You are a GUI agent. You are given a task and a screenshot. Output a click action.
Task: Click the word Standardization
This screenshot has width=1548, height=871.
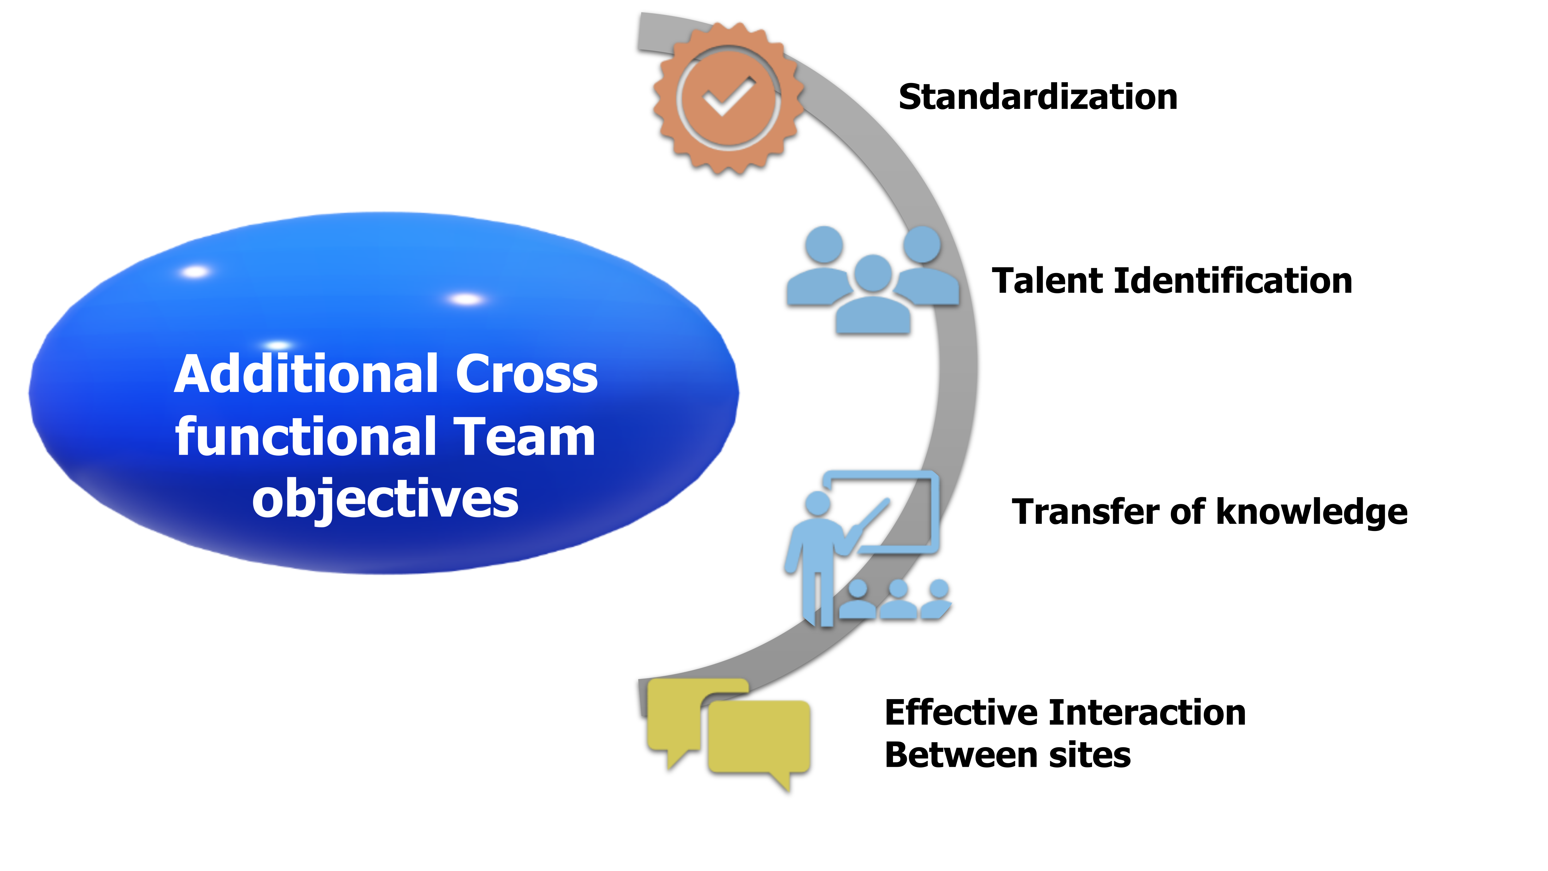tap(1038, 97)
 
